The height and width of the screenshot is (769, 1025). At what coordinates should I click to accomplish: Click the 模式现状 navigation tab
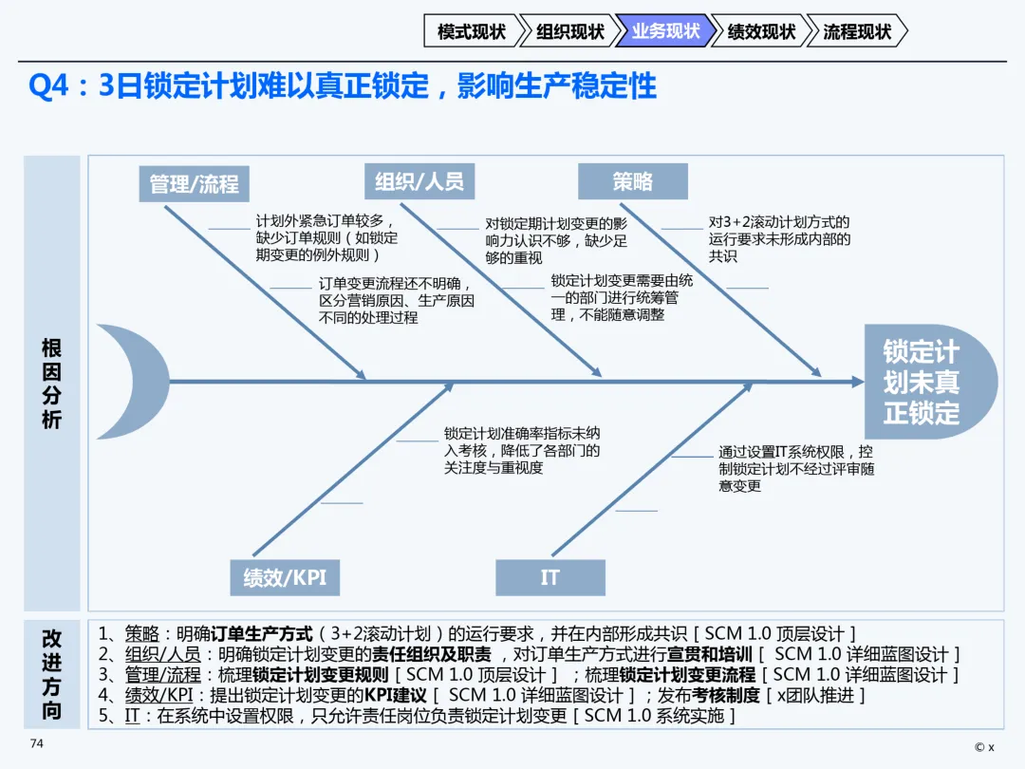point(472,31)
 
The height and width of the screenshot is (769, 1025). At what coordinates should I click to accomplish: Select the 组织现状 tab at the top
point(569,31)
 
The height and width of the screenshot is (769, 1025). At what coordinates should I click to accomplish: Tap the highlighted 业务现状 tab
point(664,31)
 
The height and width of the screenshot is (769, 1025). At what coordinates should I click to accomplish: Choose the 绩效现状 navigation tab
point(761,31)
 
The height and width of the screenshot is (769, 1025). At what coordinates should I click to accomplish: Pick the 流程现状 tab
point(857,31)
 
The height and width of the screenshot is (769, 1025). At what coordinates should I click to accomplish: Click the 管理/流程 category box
point(195,183)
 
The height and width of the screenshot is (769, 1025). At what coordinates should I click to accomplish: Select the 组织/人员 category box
point(419,181)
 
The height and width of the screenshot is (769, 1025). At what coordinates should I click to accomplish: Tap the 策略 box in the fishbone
point(633,181)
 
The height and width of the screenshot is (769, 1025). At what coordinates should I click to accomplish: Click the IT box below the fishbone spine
point(550,577)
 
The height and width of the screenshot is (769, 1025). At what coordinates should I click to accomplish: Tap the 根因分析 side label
point(51,383)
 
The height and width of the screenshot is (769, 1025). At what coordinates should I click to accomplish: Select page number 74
point(37,743)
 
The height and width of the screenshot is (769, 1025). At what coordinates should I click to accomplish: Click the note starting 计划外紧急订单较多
point(326,237)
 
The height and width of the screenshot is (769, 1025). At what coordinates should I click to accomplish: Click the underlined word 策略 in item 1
point(142,634)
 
